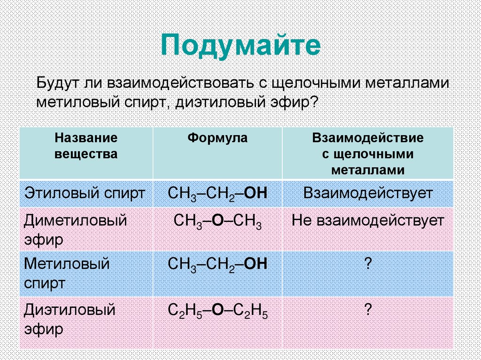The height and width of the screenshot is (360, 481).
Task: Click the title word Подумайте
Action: click(240, 46)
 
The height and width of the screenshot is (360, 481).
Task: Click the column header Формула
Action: click(217, 138)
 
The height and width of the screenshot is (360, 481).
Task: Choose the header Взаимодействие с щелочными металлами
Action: click(368, 153)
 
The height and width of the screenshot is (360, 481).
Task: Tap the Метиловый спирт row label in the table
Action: click(67, 274)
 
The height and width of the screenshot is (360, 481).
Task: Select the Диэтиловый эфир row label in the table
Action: click(70, 319)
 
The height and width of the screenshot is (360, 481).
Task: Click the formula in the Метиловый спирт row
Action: click(217, 264)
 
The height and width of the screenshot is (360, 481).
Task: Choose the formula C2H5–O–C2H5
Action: click(217, 311)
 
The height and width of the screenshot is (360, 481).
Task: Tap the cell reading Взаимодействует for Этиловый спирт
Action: click(368, 193)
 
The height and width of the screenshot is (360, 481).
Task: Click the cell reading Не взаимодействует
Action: click(368, 221)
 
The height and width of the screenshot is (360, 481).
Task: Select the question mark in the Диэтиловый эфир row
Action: click(368, 309)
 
